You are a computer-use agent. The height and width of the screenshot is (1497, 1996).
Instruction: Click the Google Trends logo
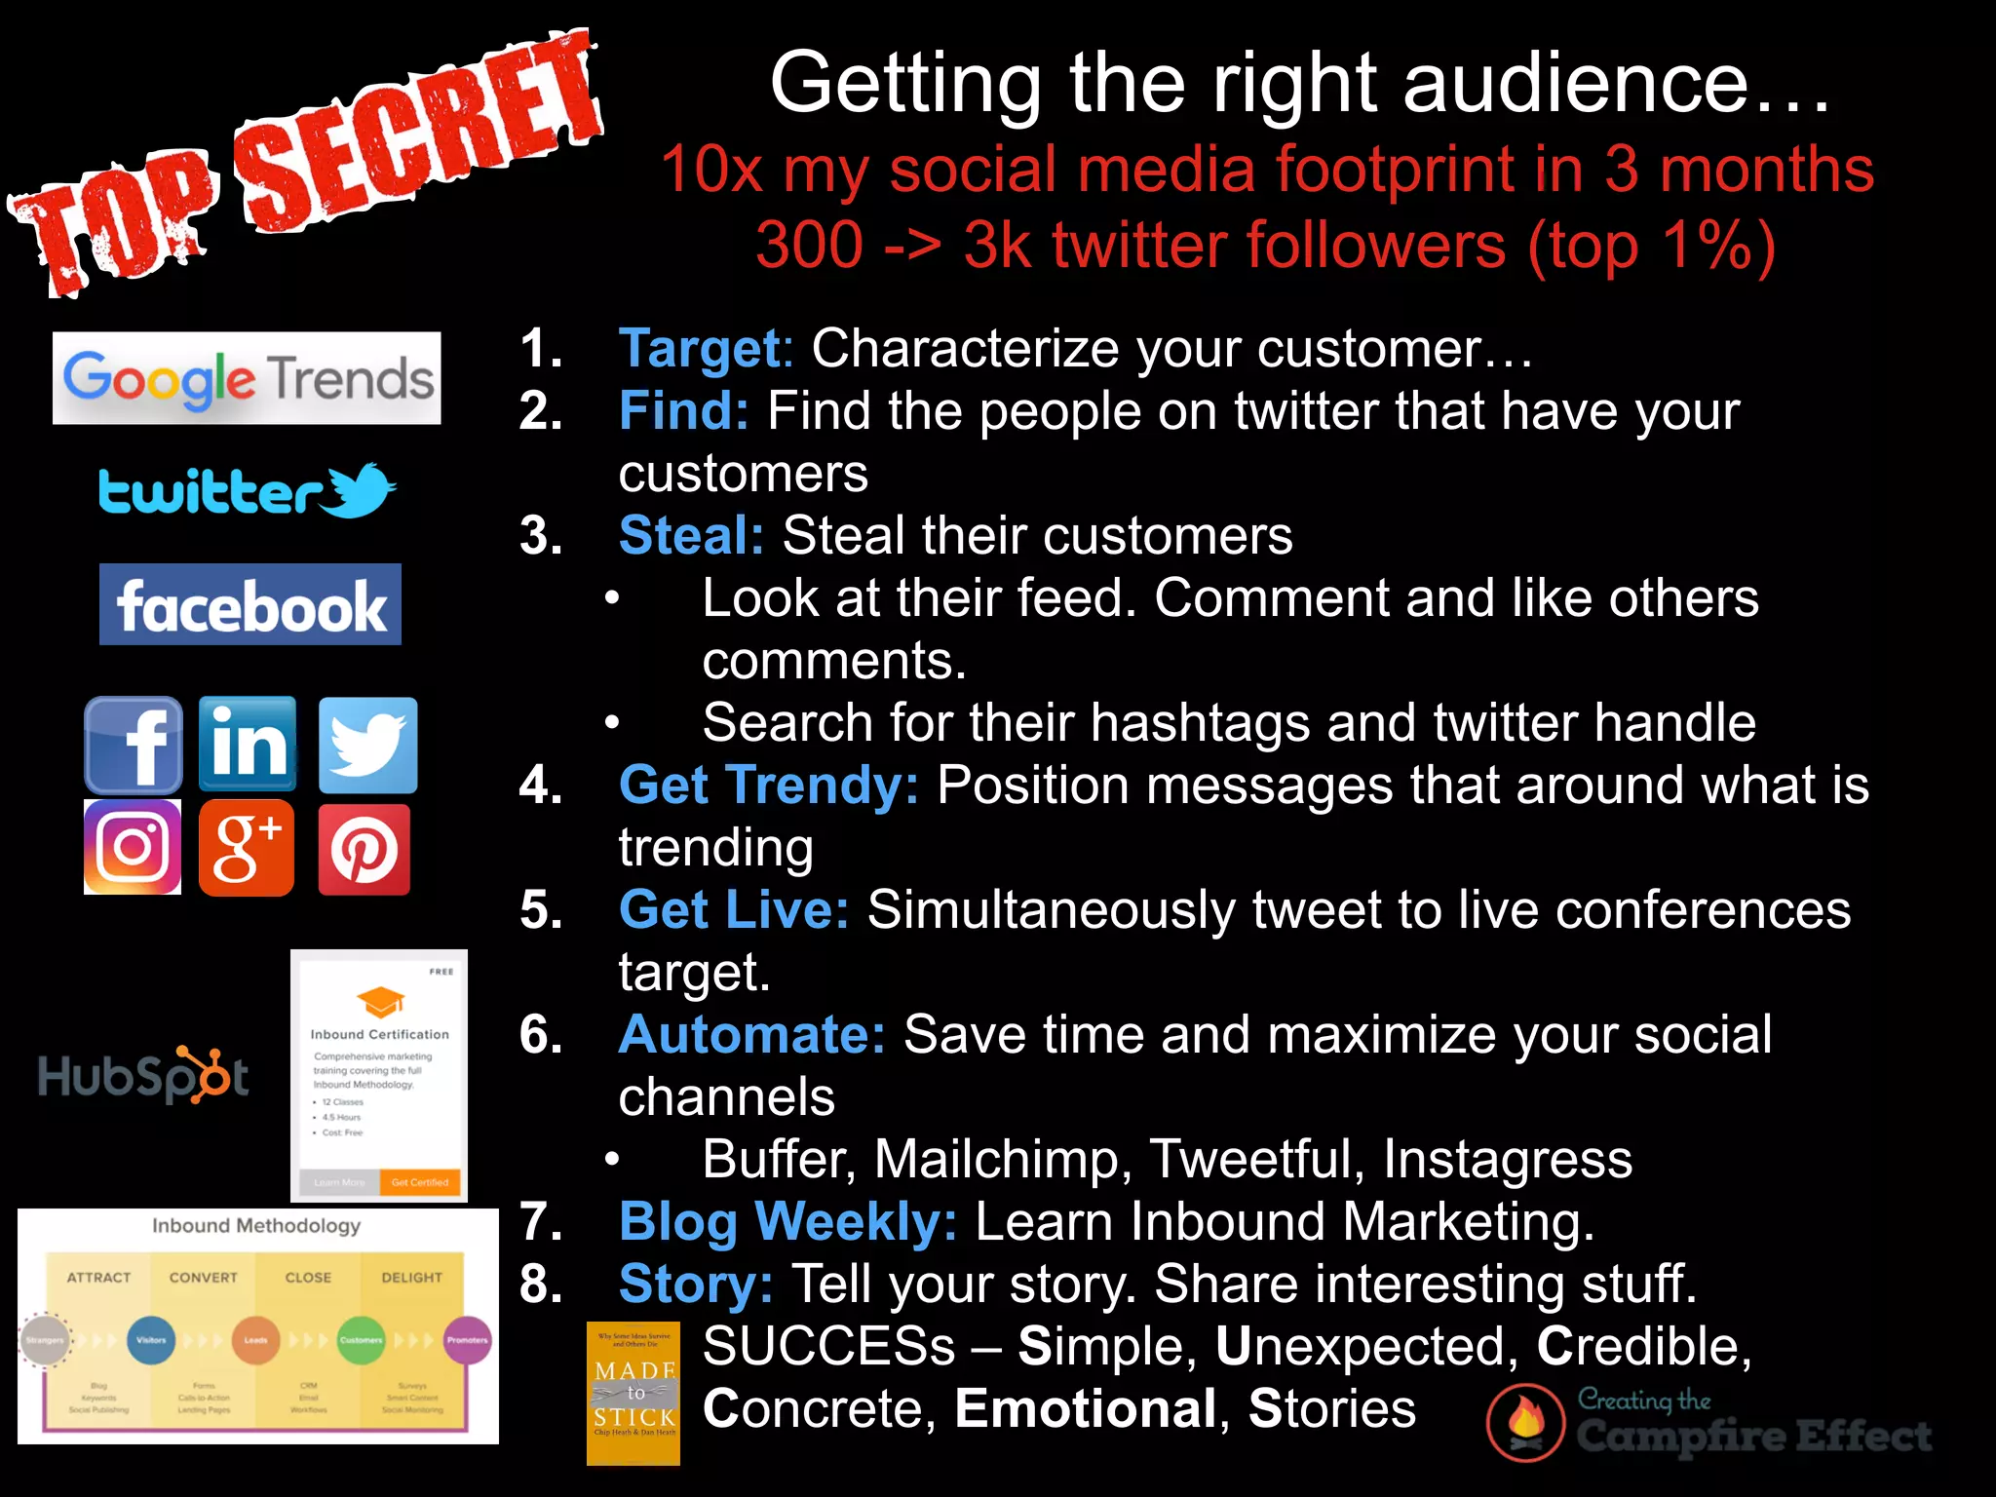247,378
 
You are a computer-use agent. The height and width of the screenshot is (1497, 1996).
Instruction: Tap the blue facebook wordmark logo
250,604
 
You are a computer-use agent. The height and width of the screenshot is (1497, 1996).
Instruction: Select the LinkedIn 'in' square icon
248,744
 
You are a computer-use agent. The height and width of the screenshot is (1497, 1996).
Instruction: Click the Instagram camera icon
133,847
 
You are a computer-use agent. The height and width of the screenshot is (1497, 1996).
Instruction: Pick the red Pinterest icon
365,849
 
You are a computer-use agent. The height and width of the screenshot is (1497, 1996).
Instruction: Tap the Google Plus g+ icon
247,847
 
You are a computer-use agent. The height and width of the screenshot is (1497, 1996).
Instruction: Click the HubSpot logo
143,1075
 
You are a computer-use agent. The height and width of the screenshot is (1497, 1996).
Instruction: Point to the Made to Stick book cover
633,1394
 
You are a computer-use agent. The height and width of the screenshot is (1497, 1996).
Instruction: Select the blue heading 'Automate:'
751,1035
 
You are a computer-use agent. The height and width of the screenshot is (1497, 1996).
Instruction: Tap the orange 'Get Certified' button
420,1182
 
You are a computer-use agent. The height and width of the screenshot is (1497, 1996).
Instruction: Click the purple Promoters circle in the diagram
467,1340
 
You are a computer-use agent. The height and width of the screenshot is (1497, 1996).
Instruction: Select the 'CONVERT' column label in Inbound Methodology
203,1278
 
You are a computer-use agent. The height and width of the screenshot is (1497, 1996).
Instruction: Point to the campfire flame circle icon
1525,1423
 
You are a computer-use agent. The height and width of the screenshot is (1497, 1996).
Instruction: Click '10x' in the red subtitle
710,170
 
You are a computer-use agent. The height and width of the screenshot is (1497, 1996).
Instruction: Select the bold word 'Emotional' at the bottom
1086,1409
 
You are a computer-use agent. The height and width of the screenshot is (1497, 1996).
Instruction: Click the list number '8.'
541,1285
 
